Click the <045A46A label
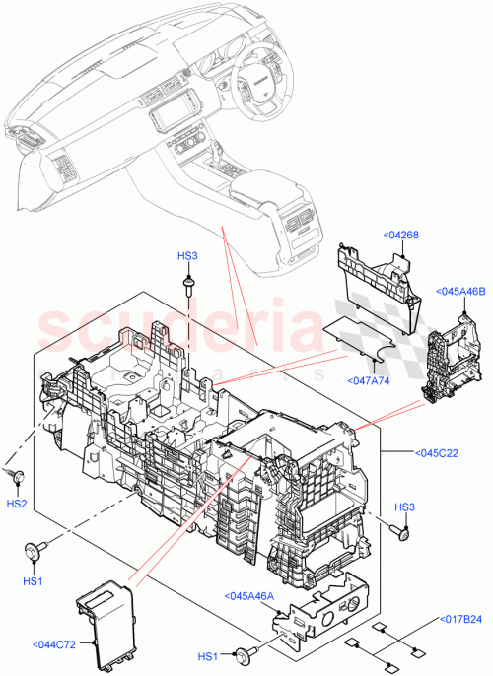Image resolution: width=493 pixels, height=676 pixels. pyautogui.click(x=248, y=596)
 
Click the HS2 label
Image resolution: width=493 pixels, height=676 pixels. pyautogui.click(x=17, y=503)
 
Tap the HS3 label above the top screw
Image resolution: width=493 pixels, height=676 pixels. pyautogui.click(x=187, y=256)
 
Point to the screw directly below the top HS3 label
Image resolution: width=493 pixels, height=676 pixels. pyautogui.click(x=187, y=284)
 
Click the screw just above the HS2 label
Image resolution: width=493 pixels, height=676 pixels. pyautogui.click(x=17, y=476)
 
